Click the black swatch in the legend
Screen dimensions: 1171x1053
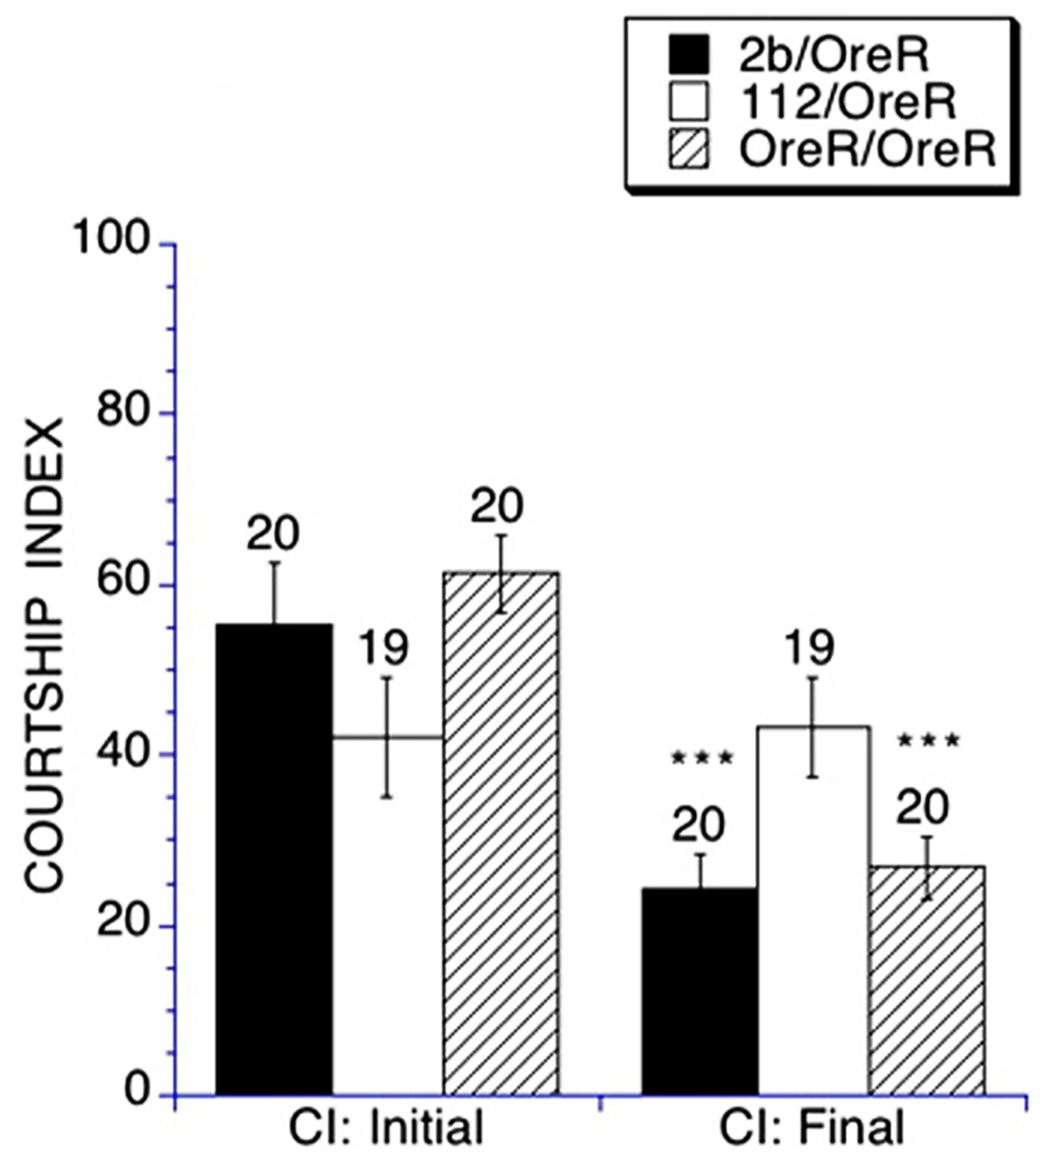point(688,55)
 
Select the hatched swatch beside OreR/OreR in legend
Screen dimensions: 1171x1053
point(688,149)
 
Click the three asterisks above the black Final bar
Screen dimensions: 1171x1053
point(702,758)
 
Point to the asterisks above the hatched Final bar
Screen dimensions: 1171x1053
point(928,741)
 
